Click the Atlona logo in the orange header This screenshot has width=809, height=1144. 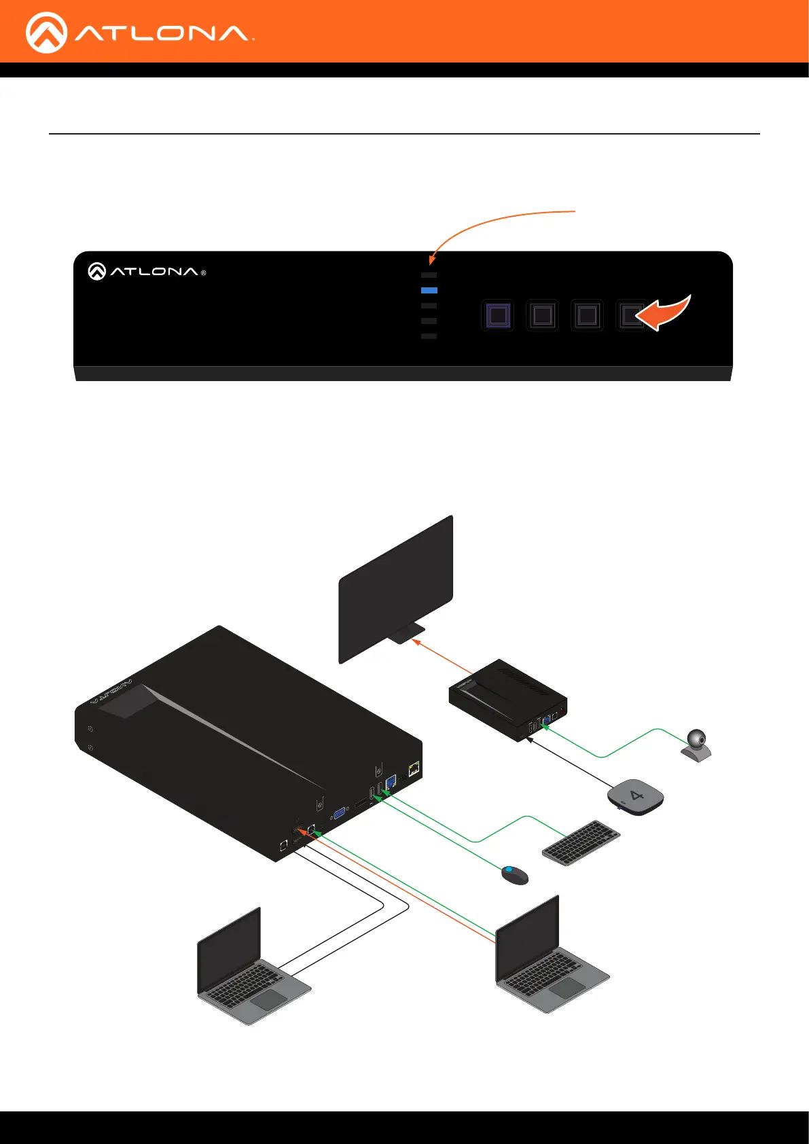(139, 33)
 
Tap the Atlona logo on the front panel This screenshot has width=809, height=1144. (147, 272)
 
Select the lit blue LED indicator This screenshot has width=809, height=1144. (429, 290)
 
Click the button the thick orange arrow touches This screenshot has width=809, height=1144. (631, 316)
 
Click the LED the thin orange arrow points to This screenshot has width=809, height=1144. (429, 275)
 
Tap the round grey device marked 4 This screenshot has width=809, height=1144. (635, 796)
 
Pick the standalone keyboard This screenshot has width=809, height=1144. (581, 842)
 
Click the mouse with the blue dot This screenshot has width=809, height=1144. (514, 874)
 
